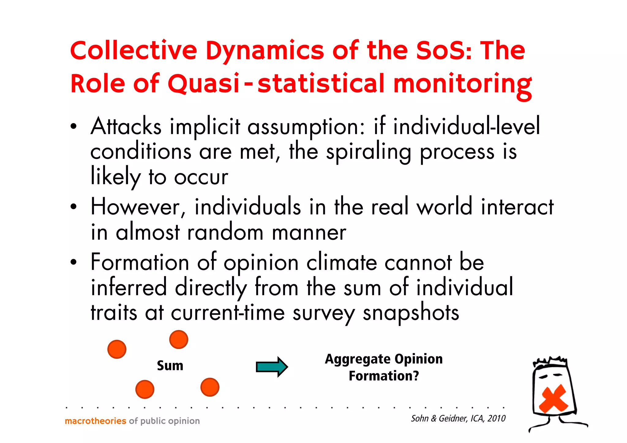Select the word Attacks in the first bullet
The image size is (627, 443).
point(126,126)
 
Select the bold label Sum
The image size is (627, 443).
point(170,366)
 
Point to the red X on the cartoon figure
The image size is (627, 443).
point(553,398)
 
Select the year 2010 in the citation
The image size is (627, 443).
point(497,419)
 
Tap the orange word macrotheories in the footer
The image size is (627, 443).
point(96,421)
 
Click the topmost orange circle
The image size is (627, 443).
point(178,340)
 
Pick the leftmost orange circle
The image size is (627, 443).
point(117,349)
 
